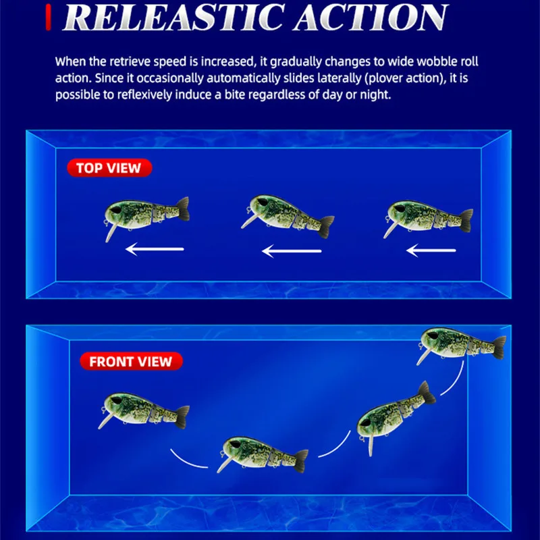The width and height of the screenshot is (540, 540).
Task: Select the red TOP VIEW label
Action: coord(109,168)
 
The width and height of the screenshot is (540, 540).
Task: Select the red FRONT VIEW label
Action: coord(131,361)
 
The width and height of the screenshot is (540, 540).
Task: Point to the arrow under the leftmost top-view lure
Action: coord(155,249)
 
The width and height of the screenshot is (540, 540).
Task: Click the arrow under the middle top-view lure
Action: coord(292,252)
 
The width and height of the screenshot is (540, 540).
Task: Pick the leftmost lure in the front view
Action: coord(142,408)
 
